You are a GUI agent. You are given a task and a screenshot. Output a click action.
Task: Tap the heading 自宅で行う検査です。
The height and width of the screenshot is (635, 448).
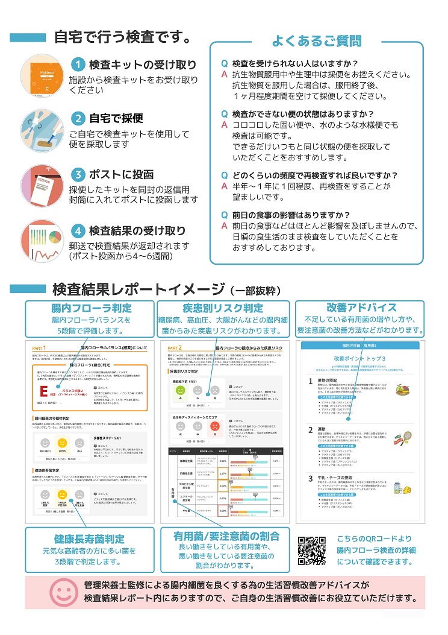123,37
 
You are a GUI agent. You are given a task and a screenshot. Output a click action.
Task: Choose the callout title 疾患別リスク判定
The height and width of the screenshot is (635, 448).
223,308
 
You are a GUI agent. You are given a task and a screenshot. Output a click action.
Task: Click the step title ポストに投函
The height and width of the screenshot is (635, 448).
121,175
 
